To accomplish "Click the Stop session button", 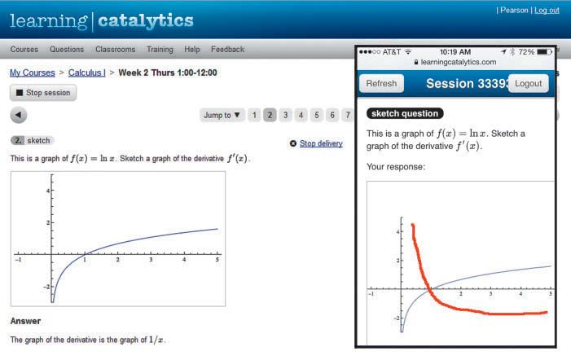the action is (x=43, y=93).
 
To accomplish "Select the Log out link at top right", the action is (x=547, y=11).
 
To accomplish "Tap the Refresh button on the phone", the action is (x=381, y=83).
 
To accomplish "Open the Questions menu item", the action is (x=67, y=49).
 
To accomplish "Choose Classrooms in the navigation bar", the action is (x=115, y=49).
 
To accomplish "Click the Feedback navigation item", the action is (x=227, y=49).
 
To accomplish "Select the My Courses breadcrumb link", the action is (x=33, y=72).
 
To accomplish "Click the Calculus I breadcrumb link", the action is (x=86, y=72).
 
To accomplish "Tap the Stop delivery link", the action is (x=321, y=143).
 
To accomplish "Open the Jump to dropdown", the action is (x=222, y=115).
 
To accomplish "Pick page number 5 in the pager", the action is (x=317, y=115).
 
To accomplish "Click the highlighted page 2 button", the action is (x=270, y=115).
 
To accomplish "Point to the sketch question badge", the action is (x=405, y=113).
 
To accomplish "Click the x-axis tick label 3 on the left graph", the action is (x=151, y=260).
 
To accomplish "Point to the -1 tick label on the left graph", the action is (x=18, y=260).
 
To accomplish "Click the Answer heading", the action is (x=25, y=321).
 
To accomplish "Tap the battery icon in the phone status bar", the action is (x=544, y=51).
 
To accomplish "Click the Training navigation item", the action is (x=160, y=49).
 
